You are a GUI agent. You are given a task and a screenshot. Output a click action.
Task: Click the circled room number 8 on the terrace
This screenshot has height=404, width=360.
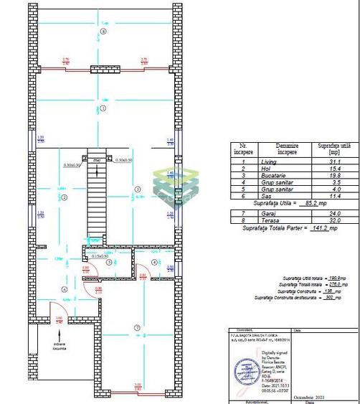click(x=103, y=32)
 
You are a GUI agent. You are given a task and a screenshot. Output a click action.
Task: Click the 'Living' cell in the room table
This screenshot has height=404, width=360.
click(x=266, y=164)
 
